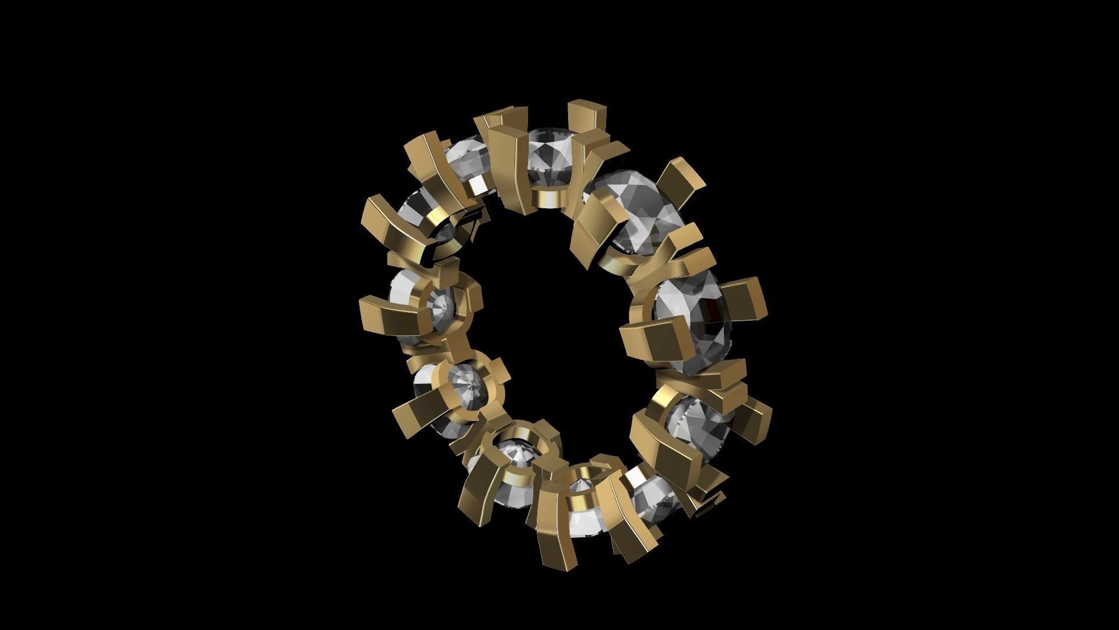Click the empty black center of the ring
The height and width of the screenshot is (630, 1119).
[559, 327]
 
